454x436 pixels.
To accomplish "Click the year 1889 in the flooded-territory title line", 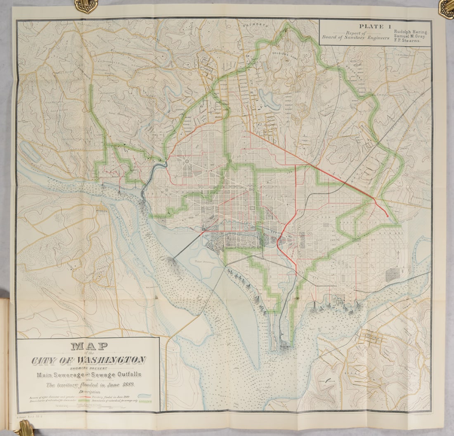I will pyautogui.click(x=129, y=384).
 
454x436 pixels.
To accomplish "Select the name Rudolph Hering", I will pyautogui.click(x=411, y=32).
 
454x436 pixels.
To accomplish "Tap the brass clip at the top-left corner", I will pyautogui.click(x=86, y=5).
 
